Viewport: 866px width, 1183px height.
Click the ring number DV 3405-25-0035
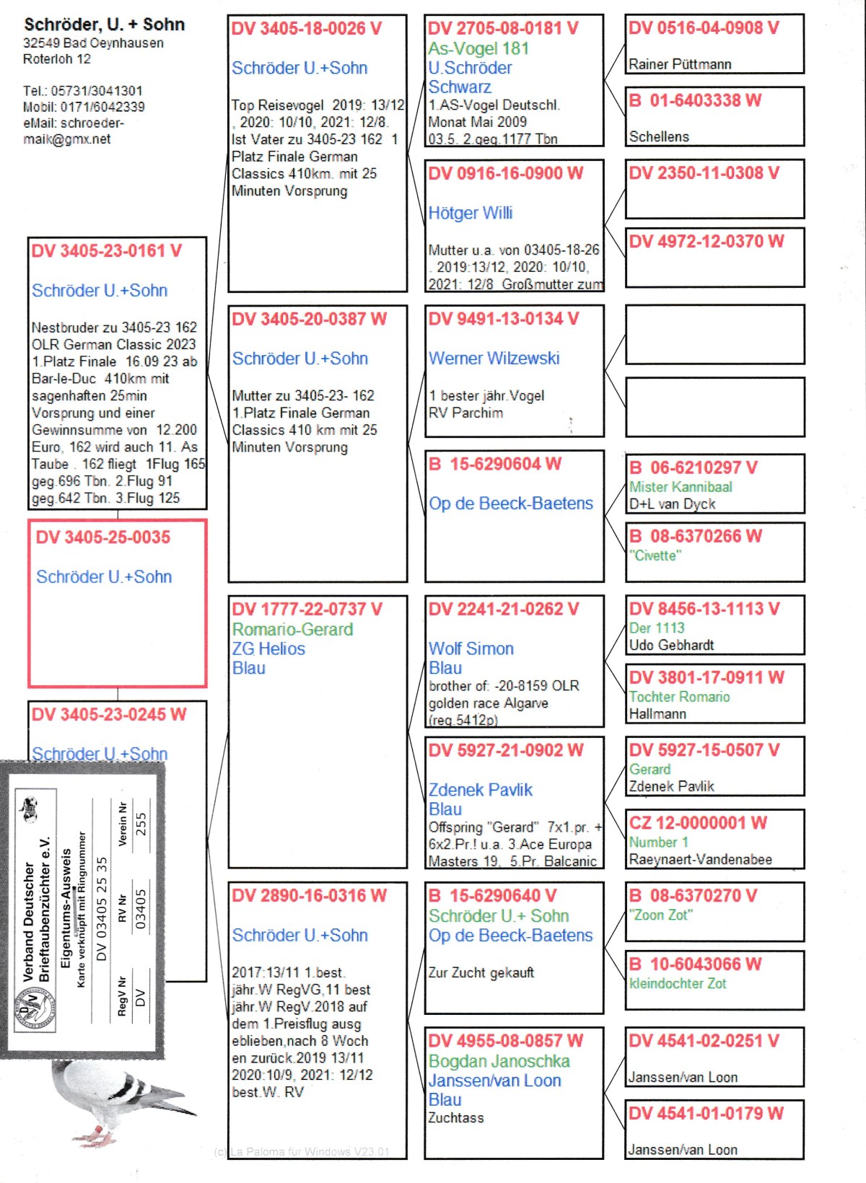[x=103, y=537]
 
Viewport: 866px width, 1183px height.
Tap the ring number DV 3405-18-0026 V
[x=306, y=29]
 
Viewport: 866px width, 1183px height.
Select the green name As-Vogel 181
[x=478, y=48]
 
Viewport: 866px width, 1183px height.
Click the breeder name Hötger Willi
[x=470, y=213]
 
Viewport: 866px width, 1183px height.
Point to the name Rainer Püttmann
[x=680, y=64]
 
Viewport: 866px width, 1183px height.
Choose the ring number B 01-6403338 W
[x=695, y=100]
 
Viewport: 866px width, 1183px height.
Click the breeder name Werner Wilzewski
[x=494, y=358]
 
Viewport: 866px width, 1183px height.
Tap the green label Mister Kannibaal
[x=681, y=487]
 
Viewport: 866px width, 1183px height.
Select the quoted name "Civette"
[x=655, y=555]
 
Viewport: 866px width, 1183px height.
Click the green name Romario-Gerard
[x=292, y=629]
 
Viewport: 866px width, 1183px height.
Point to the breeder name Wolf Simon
[x=471, y=648]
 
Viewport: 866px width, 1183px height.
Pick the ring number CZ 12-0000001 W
[x=698, y=823]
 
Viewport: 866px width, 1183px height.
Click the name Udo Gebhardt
[x=671, y=645]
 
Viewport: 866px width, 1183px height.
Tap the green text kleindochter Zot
[x=678, y=983]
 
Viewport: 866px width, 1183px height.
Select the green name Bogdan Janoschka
[x=499, y=1061]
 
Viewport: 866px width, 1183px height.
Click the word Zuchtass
[x=456, y=1117]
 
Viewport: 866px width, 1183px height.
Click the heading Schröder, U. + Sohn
[x=105, y=25]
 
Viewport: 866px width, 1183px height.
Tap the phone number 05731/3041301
[x=97, y=91]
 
